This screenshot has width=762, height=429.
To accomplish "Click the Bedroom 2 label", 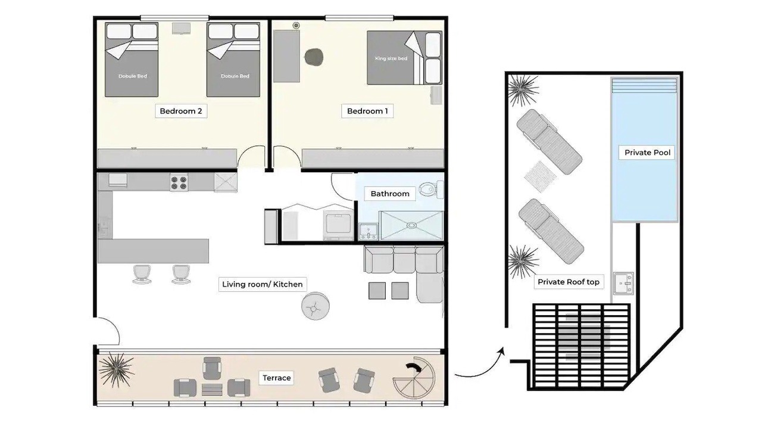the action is click(x=181, y=111).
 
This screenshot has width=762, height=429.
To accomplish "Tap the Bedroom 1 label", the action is click(x=367, y=111).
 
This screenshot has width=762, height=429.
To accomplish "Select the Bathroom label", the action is click(x=390, y=194).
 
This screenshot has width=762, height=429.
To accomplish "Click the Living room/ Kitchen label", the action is click(x=263, y=284).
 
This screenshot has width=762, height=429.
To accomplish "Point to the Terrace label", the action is click(x=277, y=378).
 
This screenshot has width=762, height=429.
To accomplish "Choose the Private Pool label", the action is click(x=647, y=153).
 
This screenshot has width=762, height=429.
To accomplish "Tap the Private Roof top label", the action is click(x=569, y=282).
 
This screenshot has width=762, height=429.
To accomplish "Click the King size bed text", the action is click(x=391, y=58).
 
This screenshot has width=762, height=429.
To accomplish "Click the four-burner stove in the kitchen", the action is click(x=179, y=182).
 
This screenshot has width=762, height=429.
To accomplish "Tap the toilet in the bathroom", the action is click(x=431, y=189).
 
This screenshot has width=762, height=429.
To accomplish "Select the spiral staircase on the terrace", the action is click(x=414, y=378).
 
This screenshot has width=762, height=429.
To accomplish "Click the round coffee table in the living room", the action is click(x=316, y=306).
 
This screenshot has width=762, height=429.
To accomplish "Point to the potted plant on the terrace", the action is click(x=116, y=371).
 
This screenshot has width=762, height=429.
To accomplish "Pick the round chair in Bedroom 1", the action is click(x=314, y=57).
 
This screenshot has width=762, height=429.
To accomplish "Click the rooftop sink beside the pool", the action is click(x=623, y=283).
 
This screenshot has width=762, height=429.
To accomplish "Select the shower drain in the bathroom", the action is click(x=411, y=225).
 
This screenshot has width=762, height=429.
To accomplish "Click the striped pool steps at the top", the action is click(x=644, y=86).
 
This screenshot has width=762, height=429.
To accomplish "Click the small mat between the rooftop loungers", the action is click(x=540, y=177).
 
